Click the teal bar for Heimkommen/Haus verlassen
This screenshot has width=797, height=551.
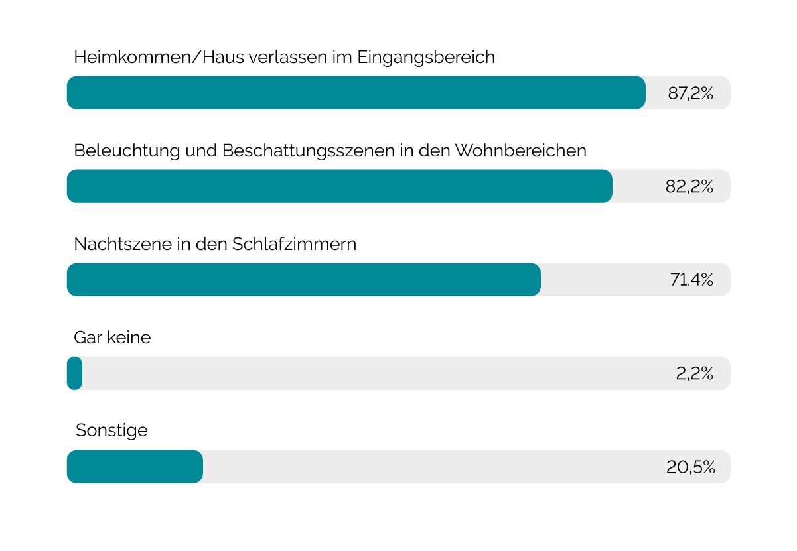pos(356,93)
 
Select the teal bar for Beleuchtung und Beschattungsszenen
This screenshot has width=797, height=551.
pos(340,186)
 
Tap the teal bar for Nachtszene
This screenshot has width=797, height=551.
pos(304,280)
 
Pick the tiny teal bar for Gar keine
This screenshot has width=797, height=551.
pos(75,373)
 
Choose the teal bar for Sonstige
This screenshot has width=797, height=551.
pos(135,467)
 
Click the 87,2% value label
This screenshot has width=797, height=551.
pos(690,93)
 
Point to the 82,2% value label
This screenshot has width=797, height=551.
pos(689,187)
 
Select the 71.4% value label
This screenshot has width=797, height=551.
pos(691,280)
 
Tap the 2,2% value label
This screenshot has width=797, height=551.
pos(694,374)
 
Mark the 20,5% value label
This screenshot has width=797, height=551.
pos(690,467)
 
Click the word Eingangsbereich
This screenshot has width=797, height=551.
pos(426,58)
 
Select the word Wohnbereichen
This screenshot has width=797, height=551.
pos(520,151)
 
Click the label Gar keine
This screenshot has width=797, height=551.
pos(112,338)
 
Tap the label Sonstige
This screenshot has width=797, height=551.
pos(111,432)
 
